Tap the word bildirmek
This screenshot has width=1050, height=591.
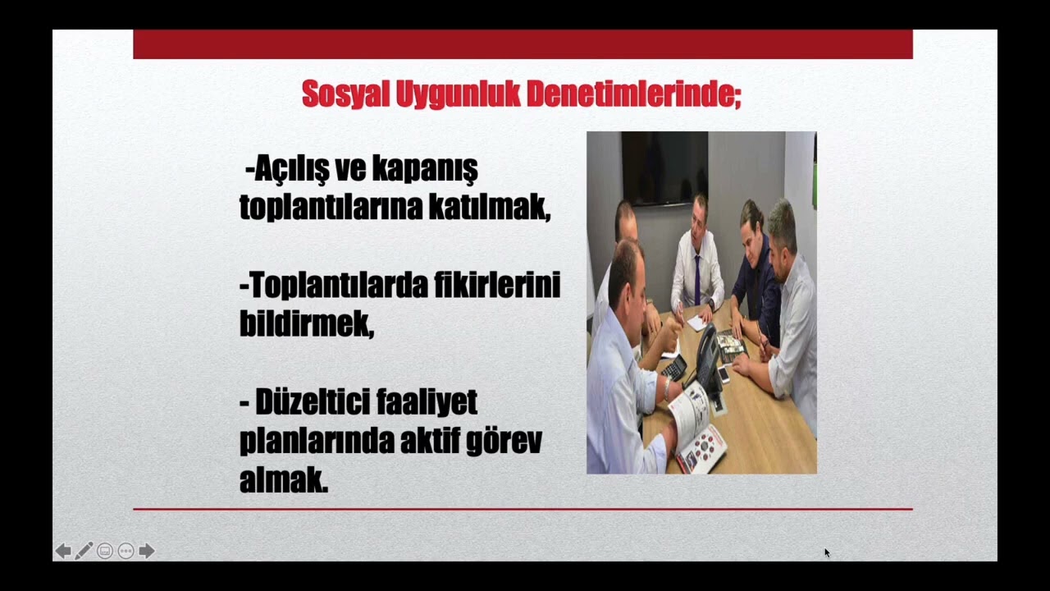pyautogui.click(x=306, y=323)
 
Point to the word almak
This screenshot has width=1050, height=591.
pyautogui.click(x=283, y=480)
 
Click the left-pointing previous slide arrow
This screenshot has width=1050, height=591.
pyautogui.click(x=62, y=551)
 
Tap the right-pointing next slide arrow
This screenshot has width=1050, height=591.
pyautogui.click(x=147, y=551)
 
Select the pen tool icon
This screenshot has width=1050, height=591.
pyautogui.click(x=84, y=551)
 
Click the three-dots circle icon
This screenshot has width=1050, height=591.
pyautogui.click(x=126, y=551)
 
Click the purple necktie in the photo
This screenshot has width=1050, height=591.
pyautogui.click(x=697, y=279)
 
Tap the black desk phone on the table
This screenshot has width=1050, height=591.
pyautogui.click(x=707, y=357)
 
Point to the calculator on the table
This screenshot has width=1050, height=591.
pyautogui.click(x=674, y=367)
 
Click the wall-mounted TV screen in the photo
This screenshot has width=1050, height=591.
pyautogui.click(x=664, y=167)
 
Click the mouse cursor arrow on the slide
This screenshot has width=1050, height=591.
pyautogui.click(x=827, y=552)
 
